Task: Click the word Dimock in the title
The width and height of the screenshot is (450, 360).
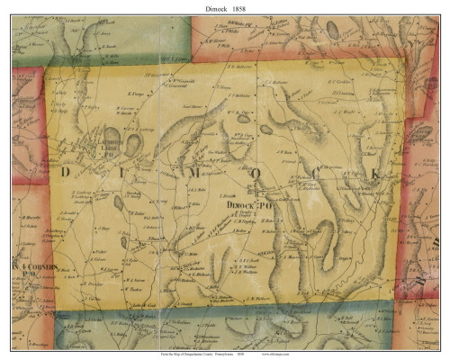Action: (209, 9)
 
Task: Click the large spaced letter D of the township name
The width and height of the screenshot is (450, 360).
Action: (65, 170)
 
